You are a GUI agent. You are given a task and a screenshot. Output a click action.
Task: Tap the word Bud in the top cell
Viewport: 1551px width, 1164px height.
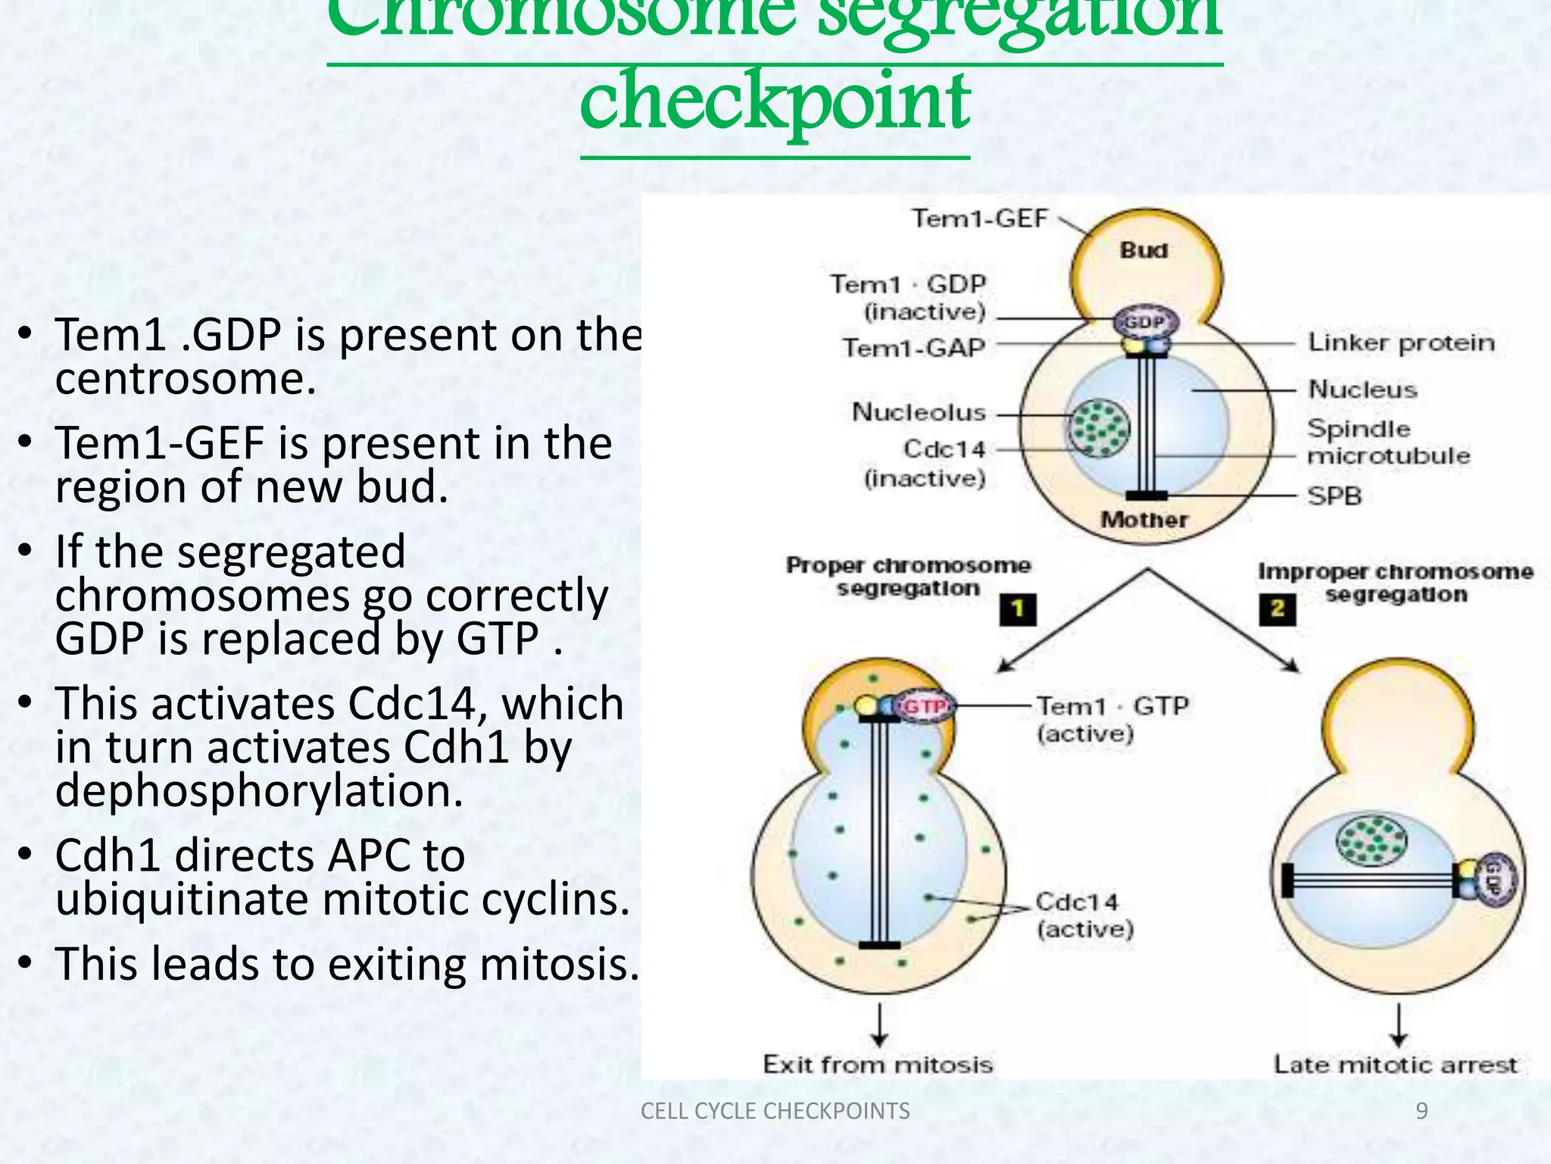coord(1144,251)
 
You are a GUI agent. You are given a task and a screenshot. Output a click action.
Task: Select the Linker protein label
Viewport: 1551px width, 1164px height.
coord(1401,343)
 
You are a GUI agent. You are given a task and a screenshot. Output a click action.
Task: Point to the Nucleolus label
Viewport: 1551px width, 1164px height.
coord(919,412)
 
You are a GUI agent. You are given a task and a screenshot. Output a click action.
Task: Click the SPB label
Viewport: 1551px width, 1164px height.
coord(1334,496)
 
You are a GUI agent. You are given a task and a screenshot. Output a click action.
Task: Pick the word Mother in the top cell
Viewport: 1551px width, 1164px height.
coord(1144,520)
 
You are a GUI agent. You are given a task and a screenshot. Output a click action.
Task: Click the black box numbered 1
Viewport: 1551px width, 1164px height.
coord(1018,609)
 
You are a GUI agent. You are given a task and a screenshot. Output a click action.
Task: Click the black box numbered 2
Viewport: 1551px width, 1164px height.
coord(1278,609)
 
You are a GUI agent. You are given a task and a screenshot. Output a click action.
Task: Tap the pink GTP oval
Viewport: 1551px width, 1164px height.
coord(925,707)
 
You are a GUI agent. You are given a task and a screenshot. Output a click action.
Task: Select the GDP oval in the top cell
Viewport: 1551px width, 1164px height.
coord(1144,323)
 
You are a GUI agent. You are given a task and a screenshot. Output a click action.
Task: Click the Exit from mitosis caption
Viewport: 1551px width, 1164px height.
coord(878,1065)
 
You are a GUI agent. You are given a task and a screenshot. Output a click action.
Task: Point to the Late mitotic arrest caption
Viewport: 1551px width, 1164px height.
coord(1396,1065)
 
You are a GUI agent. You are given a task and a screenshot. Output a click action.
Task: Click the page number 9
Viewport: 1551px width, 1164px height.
coord(1421,1111)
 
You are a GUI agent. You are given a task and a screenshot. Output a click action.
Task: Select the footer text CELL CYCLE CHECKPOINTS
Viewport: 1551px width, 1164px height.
coord(775,1111)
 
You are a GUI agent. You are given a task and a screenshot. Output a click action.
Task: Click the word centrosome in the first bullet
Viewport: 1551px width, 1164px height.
coord(186,379)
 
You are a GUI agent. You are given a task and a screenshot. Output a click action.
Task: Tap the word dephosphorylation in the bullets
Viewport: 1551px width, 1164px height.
coord(259,791)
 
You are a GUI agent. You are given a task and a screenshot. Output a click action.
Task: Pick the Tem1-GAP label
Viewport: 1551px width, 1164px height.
coord(914,348)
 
